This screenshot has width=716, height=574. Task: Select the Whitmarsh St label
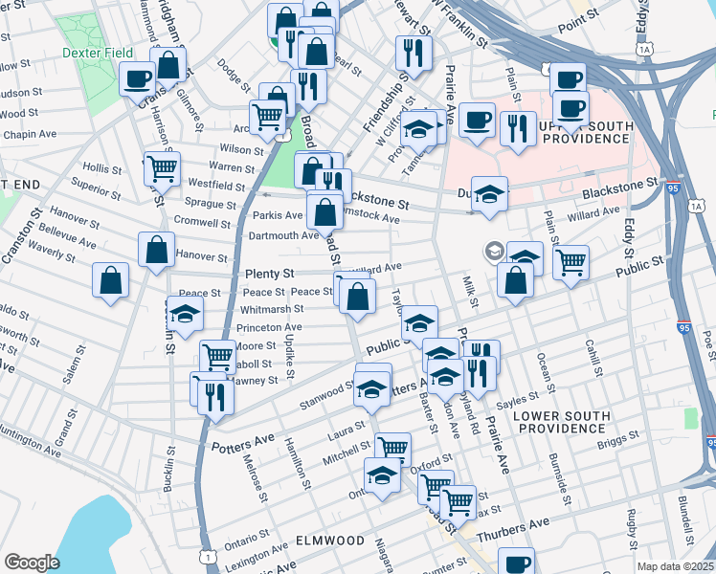point(273,309)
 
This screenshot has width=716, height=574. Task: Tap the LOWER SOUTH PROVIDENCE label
point(559,422)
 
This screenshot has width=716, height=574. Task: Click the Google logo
point(32,563)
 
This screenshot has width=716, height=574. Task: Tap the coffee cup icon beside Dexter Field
point(137,77)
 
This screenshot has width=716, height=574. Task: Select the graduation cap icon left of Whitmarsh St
point(185,313)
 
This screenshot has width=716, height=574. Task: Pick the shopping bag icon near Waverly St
point(111,280)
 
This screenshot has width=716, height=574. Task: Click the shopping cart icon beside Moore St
point(218,357)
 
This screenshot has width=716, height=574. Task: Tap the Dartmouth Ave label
point(283,235)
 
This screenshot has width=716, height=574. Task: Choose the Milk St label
point(470,290)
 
